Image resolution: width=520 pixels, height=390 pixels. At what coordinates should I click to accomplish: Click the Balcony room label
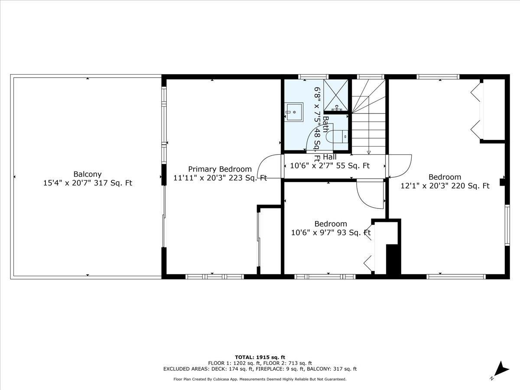click(88, 174)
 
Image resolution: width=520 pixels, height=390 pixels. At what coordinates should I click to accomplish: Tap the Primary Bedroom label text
click(220, 169)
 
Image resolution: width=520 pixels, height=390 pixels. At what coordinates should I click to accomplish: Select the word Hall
click(329, 157)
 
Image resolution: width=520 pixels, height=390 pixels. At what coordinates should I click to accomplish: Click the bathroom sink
click(294, 112)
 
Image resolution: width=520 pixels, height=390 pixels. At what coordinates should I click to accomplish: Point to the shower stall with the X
click(336, 95)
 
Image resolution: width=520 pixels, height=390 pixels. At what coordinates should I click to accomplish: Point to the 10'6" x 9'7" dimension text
click(312, 233)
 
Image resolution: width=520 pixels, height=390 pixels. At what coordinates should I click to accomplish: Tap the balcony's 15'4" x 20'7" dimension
click(67, 183)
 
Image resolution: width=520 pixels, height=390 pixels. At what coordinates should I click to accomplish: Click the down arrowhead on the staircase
click(369, 153)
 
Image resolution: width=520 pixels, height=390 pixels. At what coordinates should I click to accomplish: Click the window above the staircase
click(370, 77)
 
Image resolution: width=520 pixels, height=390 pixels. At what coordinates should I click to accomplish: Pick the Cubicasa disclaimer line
click(260, 379)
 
